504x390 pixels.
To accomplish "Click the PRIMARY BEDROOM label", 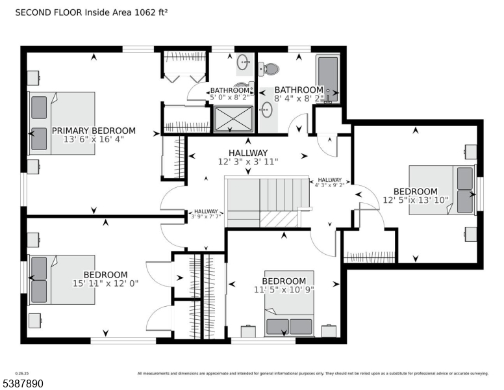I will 94,130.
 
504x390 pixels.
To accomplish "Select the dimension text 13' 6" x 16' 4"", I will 94,139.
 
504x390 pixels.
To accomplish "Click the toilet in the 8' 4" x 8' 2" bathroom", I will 267,68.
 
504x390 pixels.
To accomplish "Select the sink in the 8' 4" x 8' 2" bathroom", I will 266,109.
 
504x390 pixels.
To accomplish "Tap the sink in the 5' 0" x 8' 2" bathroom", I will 243,63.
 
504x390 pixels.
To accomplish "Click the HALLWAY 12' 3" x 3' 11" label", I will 247,157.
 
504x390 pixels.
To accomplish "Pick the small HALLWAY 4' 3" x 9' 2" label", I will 329,182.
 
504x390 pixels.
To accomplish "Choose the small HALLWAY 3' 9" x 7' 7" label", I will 206,214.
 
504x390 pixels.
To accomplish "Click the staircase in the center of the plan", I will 264,201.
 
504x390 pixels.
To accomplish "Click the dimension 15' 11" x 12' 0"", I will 105,283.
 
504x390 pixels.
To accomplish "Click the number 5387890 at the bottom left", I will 22,384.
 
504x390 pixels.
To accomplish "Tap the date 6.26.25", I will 12,372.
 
